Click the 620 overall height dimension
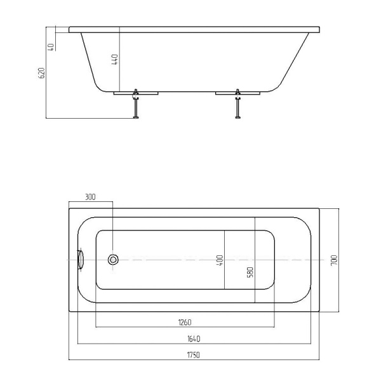42,73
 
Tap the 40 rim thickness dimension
51,47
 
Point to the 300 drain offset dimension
90,197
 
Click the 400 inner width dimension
220,260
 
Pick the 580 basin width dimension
250,272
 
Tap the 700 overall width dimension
335,260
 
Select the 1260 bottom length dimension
185,323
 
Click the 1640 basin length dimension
194,338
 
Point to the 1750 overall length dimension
194,355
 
